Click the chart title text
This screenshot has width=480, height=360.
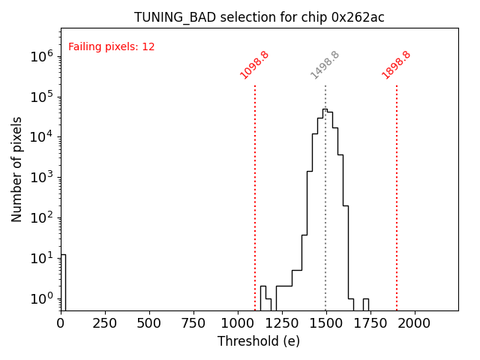259,17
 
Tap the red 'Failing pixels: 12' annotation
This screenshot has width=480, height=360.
112,46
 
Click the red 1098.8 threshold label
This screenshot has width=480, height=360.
254,65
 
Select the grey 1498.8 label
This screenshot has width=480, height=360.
325,65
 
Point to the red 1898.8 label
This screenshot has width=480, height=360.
396,65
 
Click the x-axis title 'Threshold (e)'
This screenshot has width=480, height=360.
259,341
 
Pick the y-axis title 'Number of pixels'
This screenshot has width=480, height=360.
17,169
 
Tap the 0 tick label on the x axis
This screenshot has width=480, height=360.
61,322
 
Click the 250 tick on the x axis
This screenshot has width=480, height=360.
105,322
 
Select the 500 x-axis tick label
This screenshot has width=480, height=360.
149,322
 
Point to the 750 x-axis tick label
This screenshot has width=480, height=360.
193,322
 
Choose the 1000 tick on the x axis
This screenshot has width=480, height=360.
238,322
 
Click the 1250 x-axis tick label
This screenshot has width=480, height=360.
281,322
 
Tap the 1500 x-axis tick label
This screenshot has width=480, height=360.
325,322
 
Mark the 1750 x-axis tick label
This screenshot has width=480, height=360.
370,322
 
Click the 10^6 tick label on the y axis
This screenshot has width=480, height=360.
42,56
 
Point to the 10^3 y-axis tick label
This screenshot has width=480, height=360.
42,178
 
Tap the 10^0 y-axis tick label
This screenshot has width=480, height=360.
42,298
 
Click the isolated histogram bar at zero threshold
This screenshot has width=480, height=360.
63,282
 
